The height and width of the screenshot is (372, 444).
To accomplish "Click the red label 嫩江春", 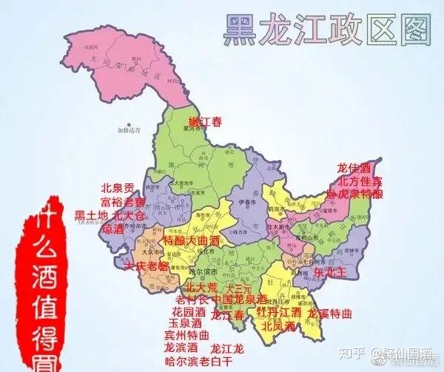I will [x=205, y=122].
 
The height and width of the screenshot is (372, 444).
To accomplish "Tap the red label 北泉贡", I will [x=118, y=188].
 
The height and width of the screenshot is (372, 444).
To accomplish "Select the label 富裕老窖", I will [x=122, y=201].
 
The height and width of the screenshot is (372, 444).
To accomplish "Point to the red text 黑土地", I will [x=91, y=215].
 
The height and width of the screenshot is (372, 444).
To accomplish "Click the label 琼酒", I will [x=112, y=229].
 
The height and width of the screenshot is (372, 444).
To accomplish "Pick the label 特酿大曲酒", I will [x=192, y=241].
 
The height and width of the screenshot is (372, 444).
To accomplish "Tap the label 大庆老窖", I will [x=147, y=265].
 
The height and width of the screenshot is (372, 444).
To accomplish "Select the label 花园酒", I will [x=189, y=311].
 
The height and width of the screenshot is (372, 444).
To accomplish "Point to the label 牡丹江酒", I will [x=278, y=312].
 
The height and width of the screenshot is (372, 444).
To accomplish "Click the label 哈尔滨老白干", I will [x=198, y=360].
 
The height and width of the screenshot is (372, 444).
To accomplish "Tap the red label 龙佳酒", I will [x=352, y=168].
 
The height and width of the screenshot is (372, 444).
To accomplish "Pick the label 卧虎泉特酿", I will [x=356, y=194].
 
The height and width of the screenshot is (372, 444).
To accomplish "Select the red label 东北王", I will [x=329, y=272].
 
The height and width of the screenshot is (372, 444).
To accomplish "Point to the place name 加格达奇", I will [x=128, y=130].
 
